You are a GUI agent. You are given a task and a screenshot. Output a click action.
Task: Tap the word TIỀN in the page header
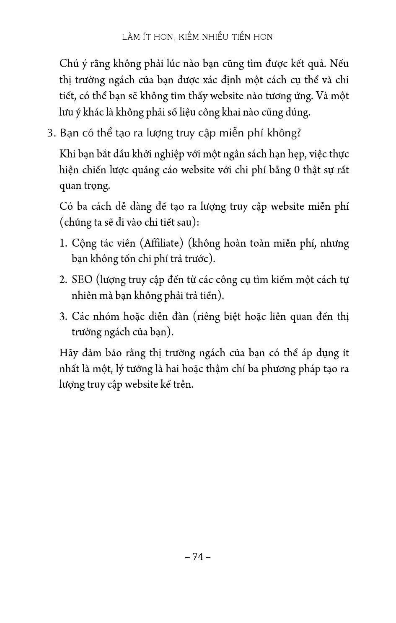(240, 37)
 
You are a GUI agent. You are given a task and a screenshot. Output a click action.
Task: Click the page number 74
(198, 556)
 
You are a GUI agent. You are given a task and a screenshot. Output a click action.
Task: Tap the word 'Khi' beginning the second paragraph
(68, 154)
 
